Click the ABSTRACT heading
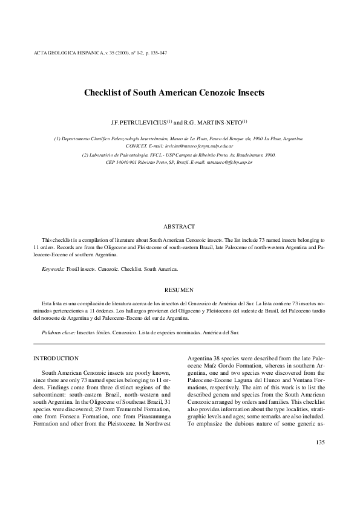point(179,227)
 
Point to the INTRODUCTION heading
point(56,358)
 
